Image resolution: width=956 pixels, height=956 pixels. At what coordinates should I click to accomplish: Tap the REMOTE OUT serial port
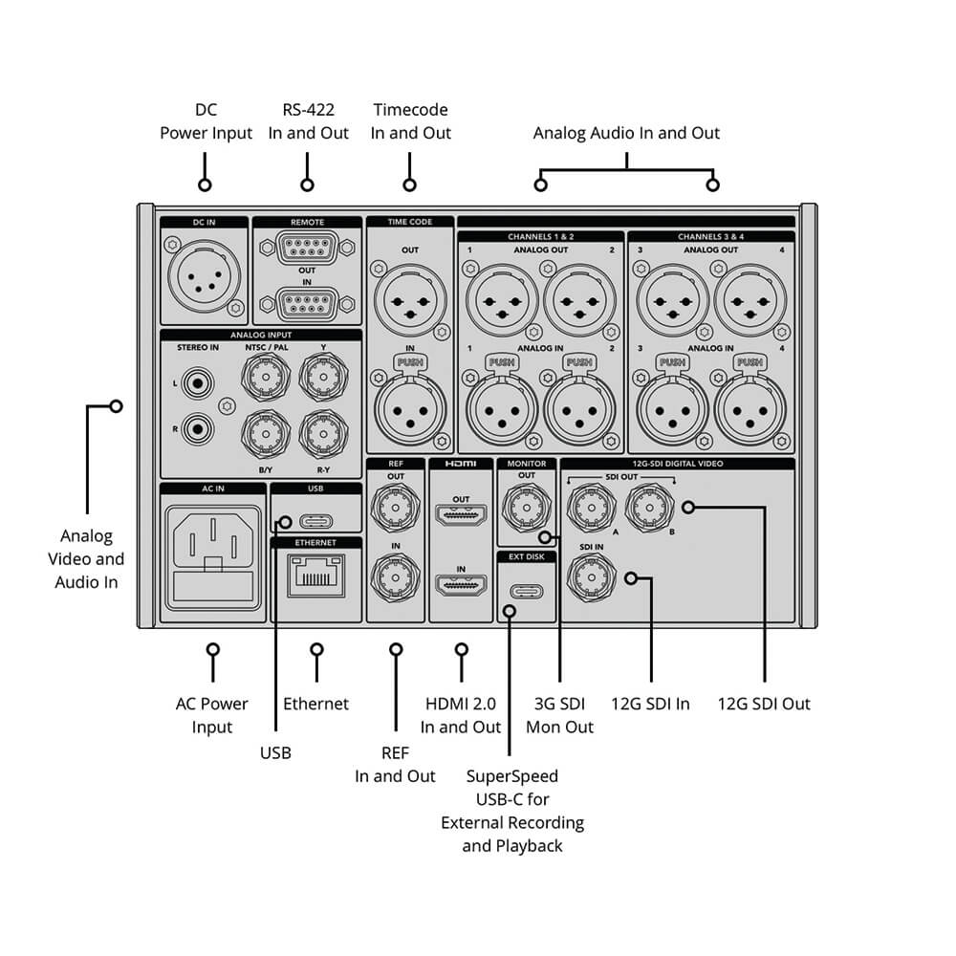(x=307, y=246)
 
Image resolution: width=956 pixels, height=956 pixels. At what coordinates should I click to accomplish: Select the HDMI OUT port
(x=461, y=517)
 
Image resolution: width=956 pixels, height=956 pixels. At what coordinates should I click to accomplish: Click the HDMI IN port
(x=461, y=586)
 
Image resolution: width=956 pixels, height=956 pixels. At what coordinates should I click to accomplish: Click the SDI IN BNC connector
(x=591, y=576)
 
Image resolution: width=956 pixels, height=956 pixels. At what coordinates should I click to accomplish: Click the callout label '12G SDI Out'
(x=764, y=704)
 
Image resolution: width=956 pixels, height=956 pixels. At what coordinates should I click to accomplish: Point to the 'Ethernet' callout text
(x=316, y=704)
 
